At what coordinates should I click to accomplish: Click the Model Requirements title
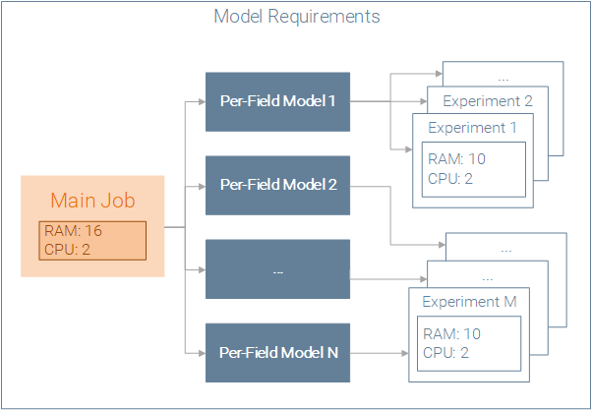(x=297, y=17)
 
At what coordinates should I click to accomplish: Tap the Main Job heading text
(x=92, y=201)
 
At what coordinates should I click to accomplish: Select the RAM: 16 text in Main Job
(x=73, y=230)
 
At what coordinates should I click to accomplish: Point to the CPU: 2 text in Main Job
(x=67, y=249)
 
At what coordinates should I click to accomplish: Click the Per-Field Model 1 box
(x=277, y=102)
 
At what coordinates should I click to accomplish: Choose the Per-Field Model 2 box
(x=277, y=186)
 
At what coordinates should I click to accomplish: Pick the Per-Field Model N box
(x=277, y=353)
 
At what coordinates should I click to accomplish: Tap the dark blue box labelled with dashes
(x=277, y=269)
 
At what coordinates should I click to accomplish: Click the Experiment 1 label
(x=472, y=128)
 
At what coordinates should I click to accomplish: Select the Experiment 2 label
(x=488, y=101)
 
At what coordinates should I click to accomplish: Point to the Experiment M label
(x=469, y=302)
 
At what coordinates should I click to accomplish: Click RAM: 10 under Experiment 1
(x=456, y=159)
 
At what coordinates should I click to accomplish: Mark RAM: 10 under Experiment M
(x=451, y=333)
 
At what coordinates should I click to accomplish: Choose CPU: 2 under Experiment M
(x=445, y=353)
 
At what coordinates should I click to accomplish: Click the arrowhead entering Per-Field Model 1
(x=202, y=101)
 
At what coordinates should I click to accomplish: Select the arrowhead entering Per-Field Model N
(x=202, y=353)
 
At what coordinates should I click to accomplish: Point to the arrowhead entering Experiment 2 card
(x=424, y=101)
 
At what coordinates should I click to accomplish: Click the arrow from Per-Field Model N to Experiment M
(x=379, y=353)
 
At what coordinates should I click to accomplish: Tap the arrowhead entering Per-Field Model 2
(x=202, y=186)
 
